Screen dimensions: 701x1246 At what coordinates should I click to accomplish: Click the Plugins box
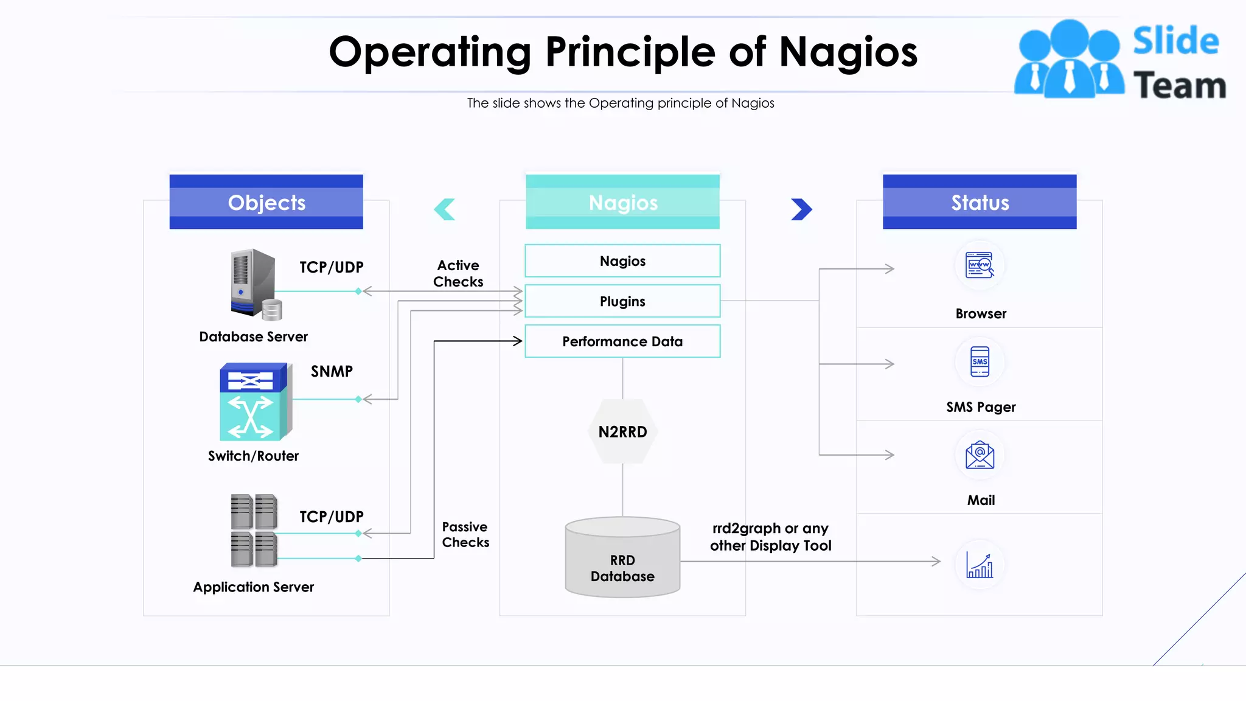click(622, 301)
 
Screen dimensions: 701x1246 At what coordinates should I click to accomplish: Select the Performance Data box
click(622, 341)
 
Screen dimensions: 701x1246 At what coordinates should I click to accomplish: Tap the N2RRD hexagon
click(622, 431)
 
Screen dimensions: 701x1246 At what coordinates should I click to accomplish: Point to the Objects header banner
click(266, 202)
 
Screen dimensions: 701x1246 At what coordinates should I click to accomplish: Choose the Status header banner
click(980, 202)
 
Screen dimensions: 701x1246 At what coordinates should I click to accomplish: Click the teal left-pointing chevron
click(445, 209)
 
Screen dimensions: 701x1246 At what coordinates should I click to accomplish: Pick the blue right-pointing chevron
click(801, 209)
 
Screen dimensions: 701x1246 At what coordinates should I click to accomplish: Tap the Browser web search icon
click(980, 265)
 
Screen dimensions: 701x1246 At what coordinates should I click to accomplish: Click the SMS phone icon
click(980, 361)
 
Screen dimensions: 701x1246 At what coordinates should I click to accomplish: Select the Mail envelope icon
click(980, 455)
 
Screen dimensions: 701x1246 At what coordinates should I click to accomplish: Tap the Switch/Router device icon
click(255, 402)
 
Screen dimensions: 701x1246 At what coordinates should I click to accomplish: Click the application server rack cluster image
click(254, 530)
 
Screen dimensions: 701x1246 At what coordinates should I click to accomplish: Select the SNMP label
click(332, 371)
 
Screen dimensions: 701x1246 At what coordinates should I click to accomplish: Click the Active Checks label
click(458, 273)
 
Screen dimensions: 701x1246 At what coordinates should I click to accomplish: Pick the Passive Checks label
click(465, 534)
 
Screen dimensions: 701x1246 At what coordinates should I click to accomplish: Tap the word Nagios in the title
click(848, 52)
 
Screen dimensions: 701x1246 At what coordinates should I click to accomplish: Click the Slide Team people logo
click(1069, 60)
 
